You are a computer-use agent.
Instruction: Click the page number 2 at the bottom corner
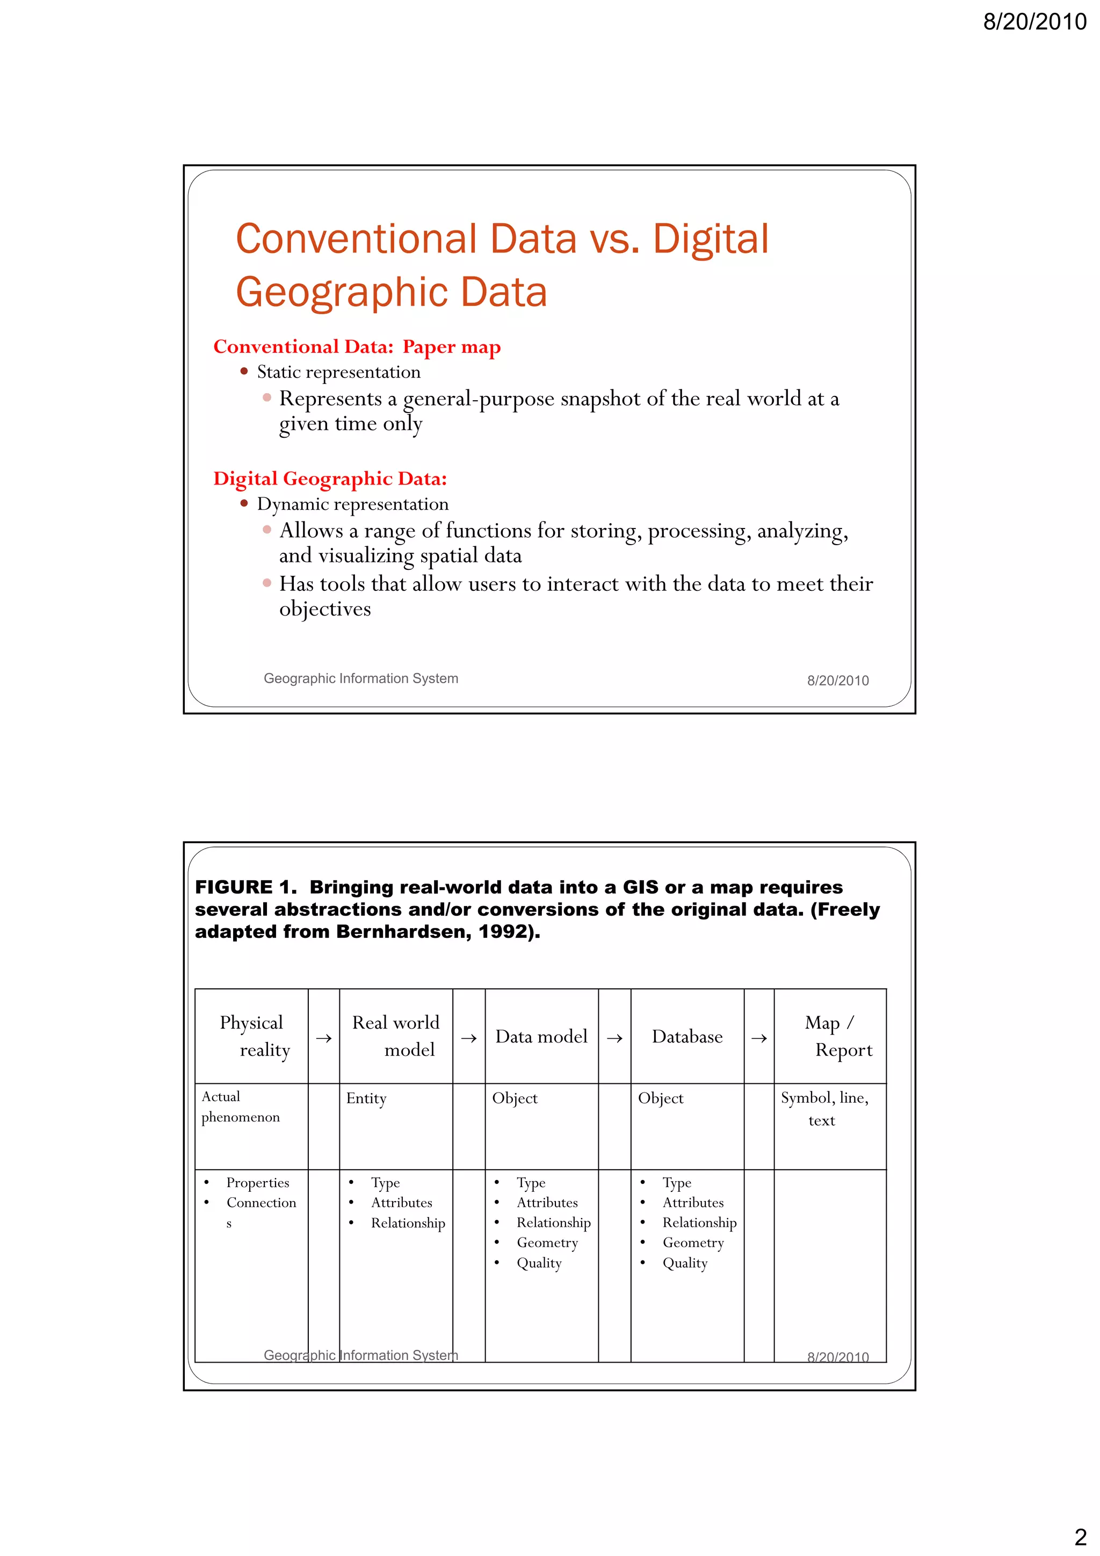pos(1080,1536)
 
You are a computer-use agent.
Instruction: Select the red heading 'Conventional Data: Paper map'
pos(357,347)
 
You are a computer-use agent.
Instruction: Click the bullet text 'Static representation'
pos(338,372)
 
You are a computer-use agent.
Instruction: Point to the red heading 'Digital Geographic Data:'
pos(330,479)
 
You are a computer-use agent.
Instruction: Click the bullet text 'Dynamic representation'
pos(352,504)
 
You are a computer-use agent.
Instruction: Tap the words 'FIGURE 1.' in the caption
pos(245,887)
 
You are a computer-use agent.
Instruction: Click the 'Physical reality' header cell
pos(251,1036)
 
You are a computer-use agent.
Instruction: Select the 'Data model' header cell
pos(541,1036)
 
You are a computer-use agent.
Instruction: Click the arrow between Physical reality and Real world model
pos(323,1038)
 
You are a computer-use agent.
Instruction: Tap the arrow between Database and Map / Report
pos(758,1038)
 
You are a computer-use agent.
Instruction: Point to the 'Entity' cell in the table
pos(366,1098)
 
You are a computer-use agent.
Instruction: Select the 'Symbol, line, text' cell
pos(824,1109)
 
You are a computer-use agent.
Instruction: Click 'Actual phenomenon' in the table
pos(240,1106)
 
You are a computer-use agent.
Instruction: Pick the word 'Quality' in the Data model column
pos(539,1263)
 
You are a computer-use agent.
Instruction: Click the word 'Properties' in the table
pos(258,1183)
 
